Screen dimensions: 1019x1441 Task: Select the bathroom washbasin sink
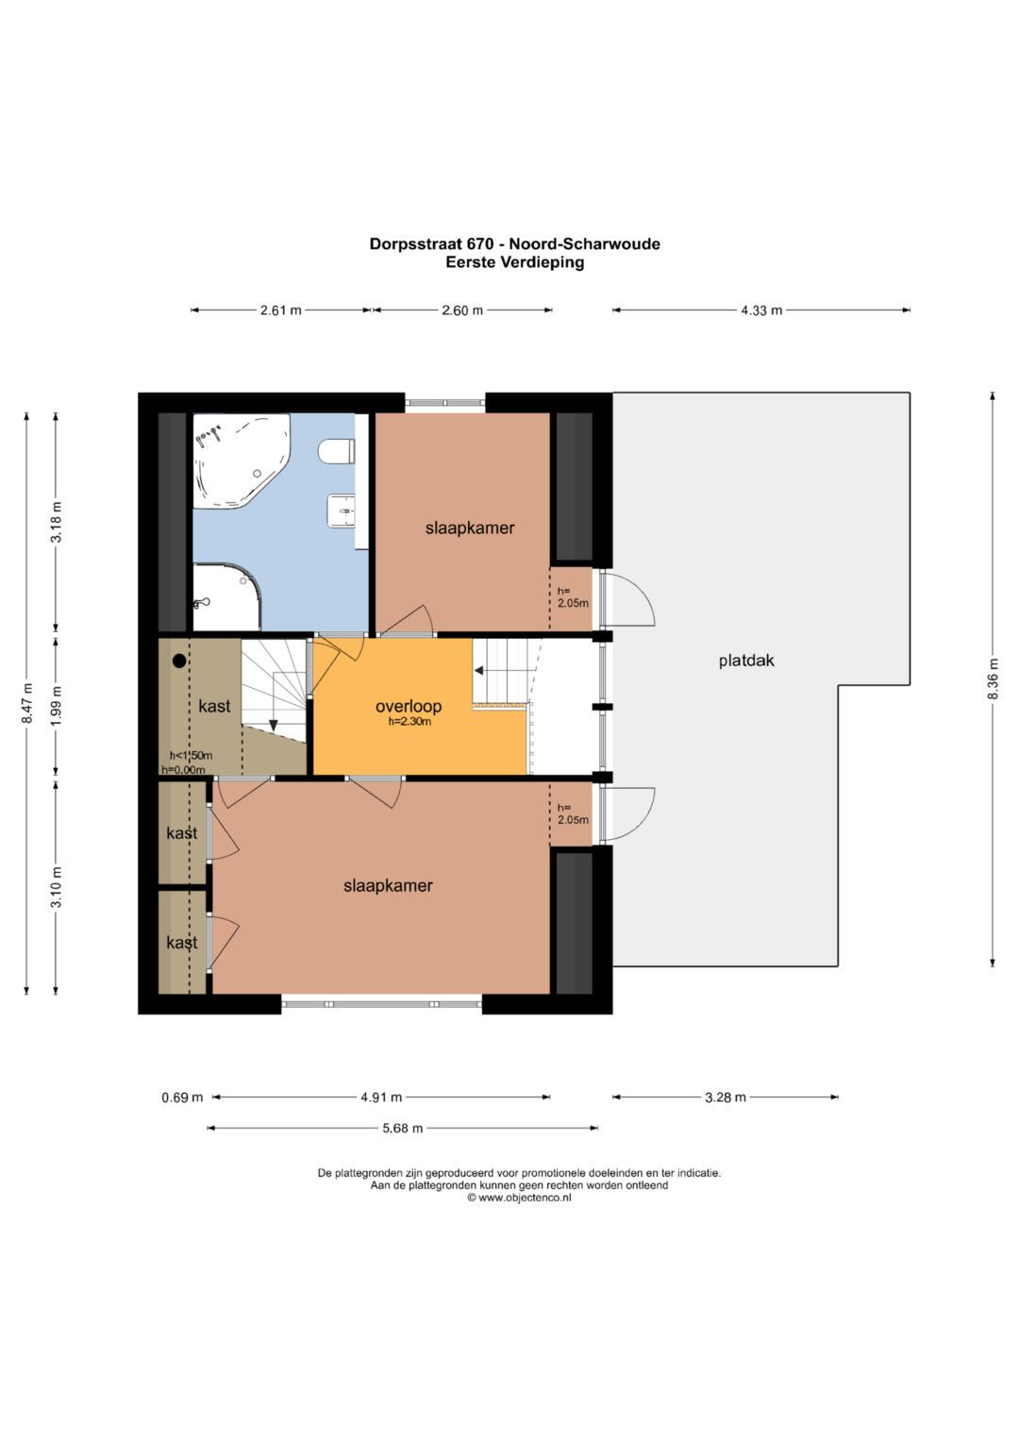(342, 511)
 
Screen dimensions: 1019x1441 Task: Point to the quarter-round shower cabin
(226, 597)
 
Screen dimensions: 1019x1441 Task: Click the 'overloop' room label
(409, 706)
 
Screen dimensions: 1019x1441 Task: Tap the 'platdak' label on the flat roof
(746, 660)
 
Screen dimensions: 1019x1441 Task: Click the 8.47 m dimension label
(27, 703)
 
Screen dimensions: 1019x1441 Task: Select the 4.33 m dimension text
(761, 310)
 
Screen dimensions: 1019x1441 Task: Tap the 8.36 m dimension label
(994, 679)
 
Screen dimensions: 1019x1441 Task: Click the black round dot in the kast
(179, 661)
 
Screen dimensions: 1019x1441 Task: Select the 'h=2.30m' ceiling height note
(409, 722)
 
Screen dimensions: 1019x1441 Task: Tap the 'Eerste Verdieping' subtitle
(515, 262)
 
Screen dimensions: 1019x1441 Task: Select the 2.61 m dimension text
(280, 310)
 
